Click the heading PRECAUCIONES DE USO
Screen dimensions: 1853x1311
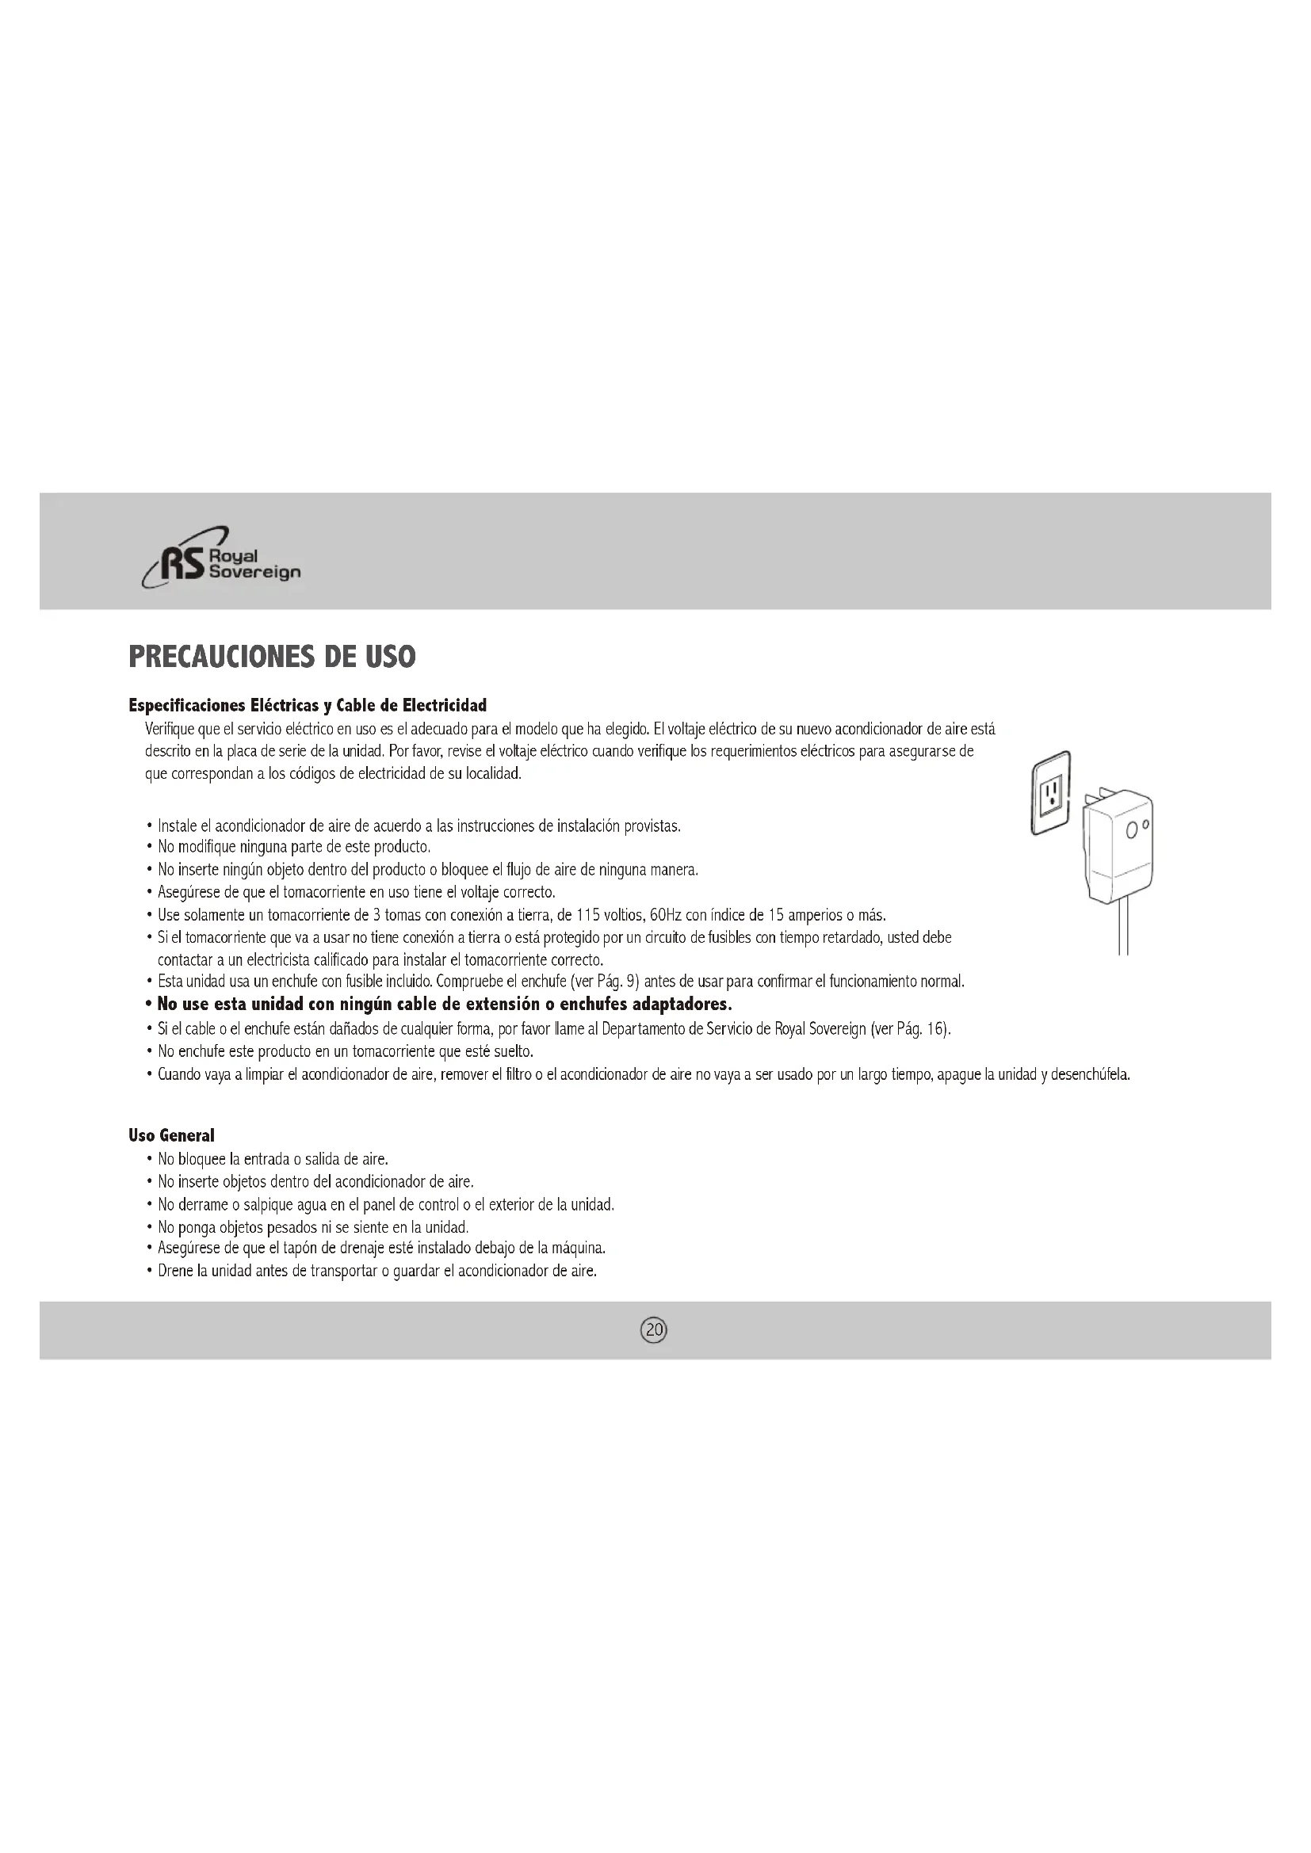[272, 657]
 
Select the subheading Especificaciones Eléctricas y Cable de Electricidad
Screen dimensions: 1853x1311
[308, 706]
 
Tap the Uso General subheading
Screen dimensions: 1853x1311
[171, 1136]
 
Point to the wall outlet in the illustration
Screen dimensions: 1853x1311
[1051, 792]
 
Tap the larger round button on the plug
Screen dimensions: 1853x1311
[1132, 830]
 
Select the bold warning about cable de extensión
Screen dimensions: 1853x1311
[444, 1005]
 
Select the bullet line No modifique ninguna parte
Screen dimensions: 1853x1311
[294, 848]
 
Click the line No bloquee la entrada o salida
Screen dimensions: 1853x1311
[273, 1160]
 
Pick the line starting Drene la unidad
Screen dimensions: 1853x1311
[377, 1271]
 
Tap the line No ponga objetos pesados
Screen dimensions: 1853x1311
[313, 1227]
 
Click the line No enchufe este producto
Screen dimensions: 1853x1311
[346, 1051]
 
